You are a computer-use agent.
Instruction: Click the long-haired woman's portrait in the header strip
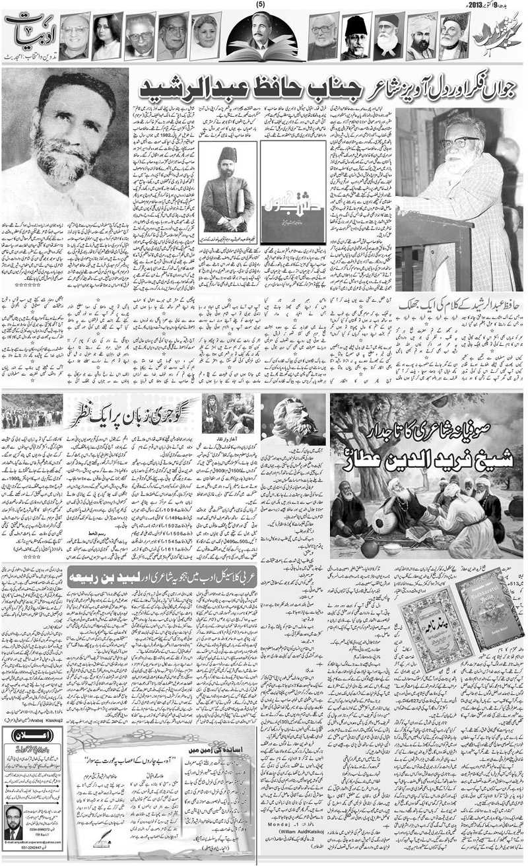coord(107,36)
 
